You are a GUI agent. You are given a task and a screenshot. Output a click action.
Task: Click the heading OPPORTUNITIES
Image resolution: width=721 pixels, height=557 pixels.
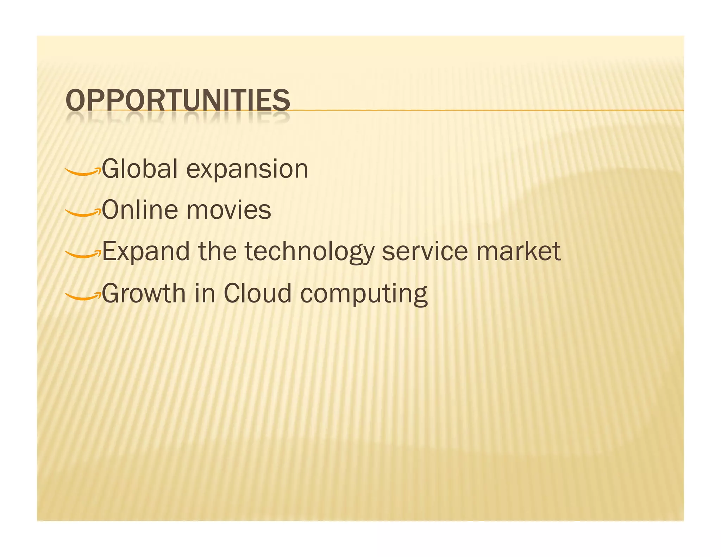coord(178,100)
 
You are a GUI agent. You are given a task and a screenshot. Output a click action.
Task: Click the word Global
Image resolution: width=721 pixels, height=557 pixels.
coord(140,169)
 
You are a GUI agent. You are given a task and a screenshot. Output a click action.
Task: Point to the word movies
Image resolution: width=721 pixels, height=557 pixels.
coord(228,210)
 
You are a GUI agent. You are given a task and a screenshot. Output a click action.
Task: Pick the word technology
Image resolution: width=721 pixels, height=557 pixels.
coord(309,252)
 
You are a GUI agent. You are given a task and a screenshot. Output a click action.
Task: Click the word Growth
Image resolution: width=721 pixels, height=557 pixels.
coord(143,293)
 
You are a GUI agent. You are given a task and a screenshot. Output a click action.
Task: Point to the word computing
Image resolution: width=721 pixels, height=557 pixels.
coord(364,294)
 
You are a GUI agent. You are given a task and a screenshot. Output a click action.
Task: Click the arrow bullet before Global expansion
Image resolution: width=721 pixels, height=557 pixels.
coord(83,171)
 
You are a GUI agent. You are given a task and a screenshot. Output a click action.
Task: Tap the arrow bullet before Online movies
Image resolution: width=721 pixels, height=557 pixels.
coord(83,213)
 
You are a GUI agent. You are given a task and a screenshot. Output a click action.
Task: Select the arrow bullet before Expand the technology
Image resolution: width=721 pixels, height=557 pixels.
coord(83,254)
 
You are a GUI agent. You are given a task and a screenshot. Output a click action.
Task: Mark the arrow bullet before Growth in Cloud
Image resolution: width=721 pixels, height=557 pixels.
coord(83,296)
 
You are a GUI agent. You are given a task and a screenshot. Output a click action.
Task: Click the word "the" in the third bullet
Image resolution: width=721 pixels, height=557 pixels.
coord(217,251)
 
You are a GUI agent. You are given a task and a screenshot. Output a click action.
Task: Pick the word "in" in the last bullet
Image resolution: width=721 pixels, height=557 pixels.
coord(205,293)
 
